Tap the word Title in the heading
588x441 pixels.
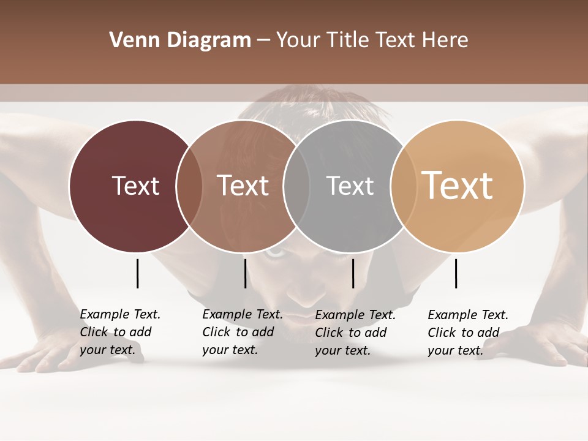(x=347, y=40)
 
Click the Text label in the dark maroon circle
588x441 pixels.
(x=135, y=186)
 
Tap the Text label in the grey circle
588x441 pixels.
(x=350, y=186)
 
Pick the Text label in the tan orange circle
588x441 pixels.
(x=457, y=186)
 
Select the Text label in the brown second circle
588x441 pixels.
(x=243, y=186)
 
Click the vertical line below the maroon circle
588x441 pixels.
(x=138, y=273)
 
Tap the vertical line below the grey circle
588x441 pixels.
(x=353, y=273)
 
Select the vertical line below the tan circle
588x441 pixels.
(x=456, y=273)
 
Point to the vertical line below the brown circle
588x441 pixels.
(x=245, y=273)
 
